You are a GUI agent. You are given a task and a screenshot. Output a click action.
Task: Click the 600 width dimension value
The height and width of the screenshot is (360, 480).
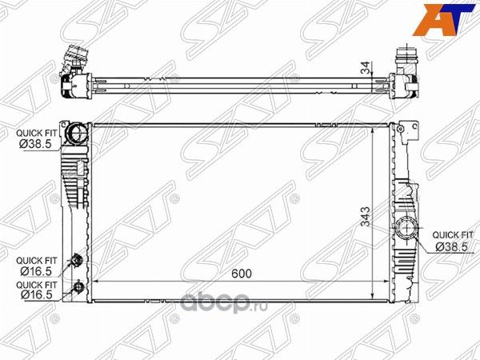pos(242,274)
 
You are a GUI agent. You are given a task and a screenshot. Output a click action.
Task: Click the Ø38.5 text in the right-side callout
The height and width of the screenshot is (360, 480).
pos(450,246)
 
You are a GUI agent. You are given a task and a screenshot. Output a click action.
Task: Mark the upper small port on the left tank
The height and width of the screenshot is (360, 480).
pos(78,259)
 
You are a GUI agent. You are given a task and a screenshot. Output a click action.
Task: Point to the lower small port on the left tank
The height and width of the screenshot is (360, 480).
pos(78,287)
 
